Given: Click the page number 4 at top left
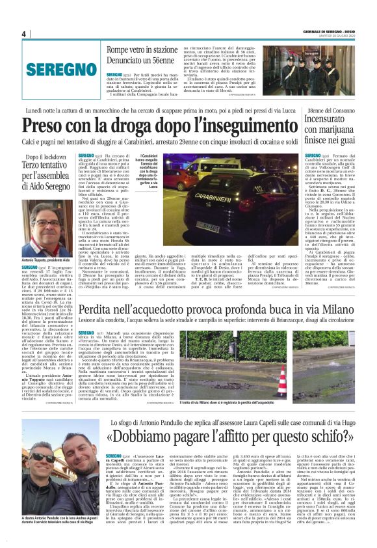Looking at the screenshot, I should click(x=24, y=34).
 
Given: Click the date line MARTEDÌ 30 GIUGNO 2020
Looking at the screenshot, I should click(x=337, y=37).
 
